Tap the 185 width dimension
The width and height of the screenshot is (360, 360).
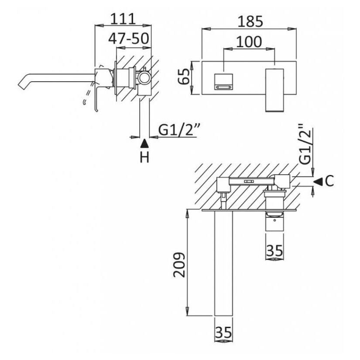(x=250, y=21)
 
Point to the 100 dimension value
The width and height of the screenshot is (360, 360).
(x=249, y=41)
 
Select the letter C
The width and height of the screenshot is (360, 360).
(x=329, y=180)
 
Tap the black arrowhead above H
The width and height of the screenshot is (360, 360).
(x=144, y=142)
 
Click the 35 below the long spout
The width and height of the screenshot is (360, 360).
(x=223, y=333)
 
